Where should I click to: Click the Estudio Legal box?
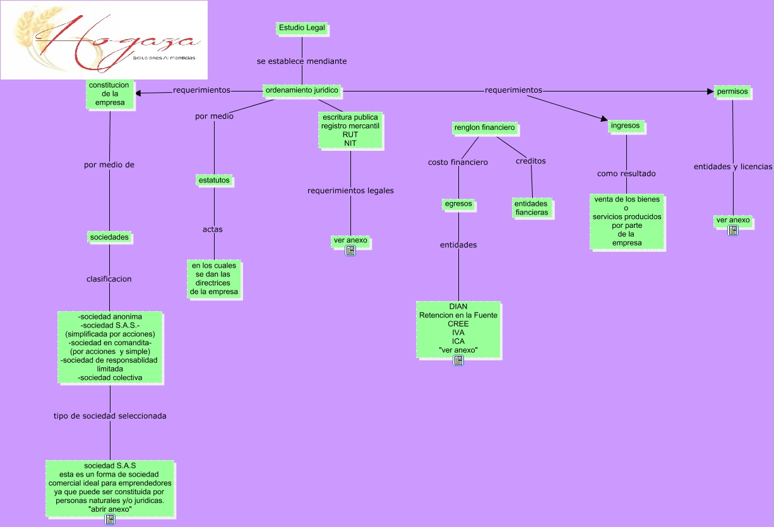pyautogui.click(x=302, y=28)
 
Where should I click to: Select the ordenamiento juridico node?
pyautogui.click(x=302, y=90)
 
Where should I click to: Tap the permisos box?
pyautogui.click(x=732, y=92)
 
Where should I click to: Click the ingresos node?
pyautogui.click(x=626, y=126)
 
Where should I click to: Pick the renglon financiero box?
pyautogui.click(x=485, y=128)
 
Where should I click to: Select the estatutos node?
pyautogui.click(x=214, y=181)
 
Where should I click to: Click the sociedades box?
pyautogui.click(x=110, y=237)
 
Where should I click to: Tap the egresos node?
pyautogui.click(x=458, y=204)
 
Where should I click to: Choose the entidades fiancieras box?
pyautogui.click(x=532, y=208)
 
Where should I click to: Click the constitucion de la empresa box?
pyautogui.click(x=110, y=94)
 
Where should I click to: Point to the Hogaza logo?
pyautogui.click(x=104, y=40)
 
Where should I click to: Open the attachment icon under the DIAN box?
pyautogui.click(x=458, y=360)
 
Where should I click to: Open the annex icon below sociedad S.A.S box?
pyautogui.click(x=110, y=519)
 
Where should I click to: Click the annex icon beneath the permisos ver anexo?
pyautogui.click(x=733, y=230)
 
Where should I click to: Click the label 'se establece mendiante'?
pyautogui.click(x=302, y=61)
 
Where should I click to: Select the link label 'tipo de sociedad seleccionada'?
pyautogui.click(x=110, y=416)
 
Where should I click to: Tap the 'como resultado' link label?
pyautogui.click(x=626, y=174)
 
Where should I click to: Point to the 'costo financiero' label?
pyautogui.click(x=458, y=162)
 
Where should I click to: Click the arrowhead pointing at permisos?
pyautogui.click(x=710, y=92)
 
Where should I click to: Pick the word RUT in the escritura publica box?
pyautogui.click(x=350, y=134)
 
